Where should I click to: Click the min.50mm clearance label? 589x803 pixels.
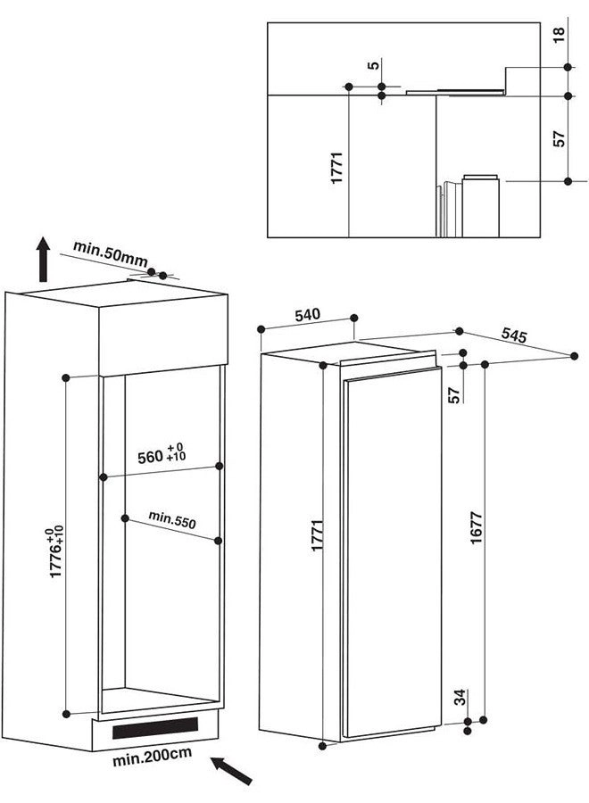click(x=110, y=253)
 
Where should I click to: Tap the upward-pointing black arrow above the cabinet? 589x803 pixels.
click(x=44, y=259)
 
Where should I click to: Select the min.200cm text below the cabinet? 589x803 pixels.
click(x=152, y=756)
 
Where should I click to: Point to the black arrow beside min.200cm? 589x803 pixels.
click(x=232, y=770)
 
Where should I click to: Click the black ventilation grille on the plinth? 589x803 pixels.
click(x=155, y=728)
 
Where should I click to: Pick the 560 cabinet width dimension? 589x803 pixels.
click(x=162, y=454)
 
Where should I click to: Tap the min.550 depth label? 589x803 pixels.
click(x=172, y=519)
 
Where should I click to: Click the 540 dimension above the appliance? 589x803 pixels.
click(x=307, y=314)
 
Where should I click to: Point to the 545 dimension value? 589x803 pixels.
click(x=513, y=335)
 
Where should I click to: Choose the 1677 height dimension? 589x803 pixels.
click(x=476, y=527)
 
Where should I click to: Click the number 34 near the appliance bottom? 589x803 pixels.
click(x=461, y=697)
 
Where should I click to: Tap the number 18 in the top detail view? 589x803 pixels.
click(x=559, y=34)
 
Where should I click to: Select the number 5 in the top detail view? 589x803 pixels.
click(x=374, y=65)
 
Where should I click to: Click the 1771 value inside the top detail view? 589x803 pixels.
click(x=336, y=168)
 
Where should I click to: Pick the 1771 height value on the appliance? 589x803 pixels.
click(x=318, y=534)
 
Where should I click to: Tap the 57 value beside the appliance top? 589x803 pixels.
click(x=453, y=395)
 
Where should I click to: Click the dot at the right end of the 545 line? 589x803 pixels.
click(x=574, y=356)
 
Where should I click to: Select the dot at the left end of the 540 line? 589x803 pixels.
click(x=261, y=328)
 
